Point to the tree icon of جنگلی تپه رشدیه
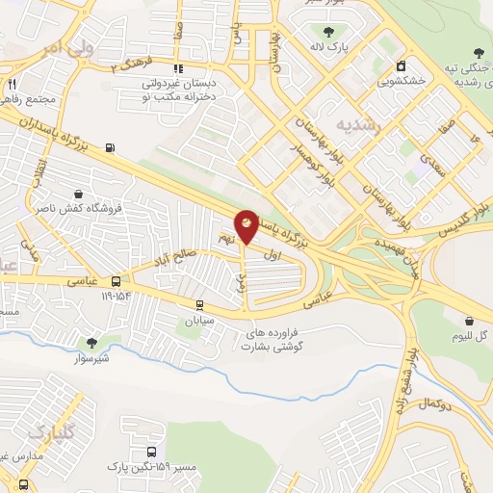pos(480,53)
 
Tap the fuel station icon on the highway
pos(111,147)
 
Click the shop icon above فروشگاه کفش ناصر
pos(77,193)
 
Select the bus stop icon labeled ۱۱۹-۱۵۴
pos(116,281)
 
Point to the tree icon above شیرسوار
pos(92,342)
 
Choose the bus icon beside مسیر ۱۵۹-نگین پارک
pos(151,452)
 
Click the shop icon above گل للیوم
pos(469,321)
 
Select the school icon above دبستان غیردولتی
pos(178,68)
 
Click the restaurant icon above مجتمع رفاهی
pos(13,85)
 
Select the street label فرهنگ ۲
pos(131,65)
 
